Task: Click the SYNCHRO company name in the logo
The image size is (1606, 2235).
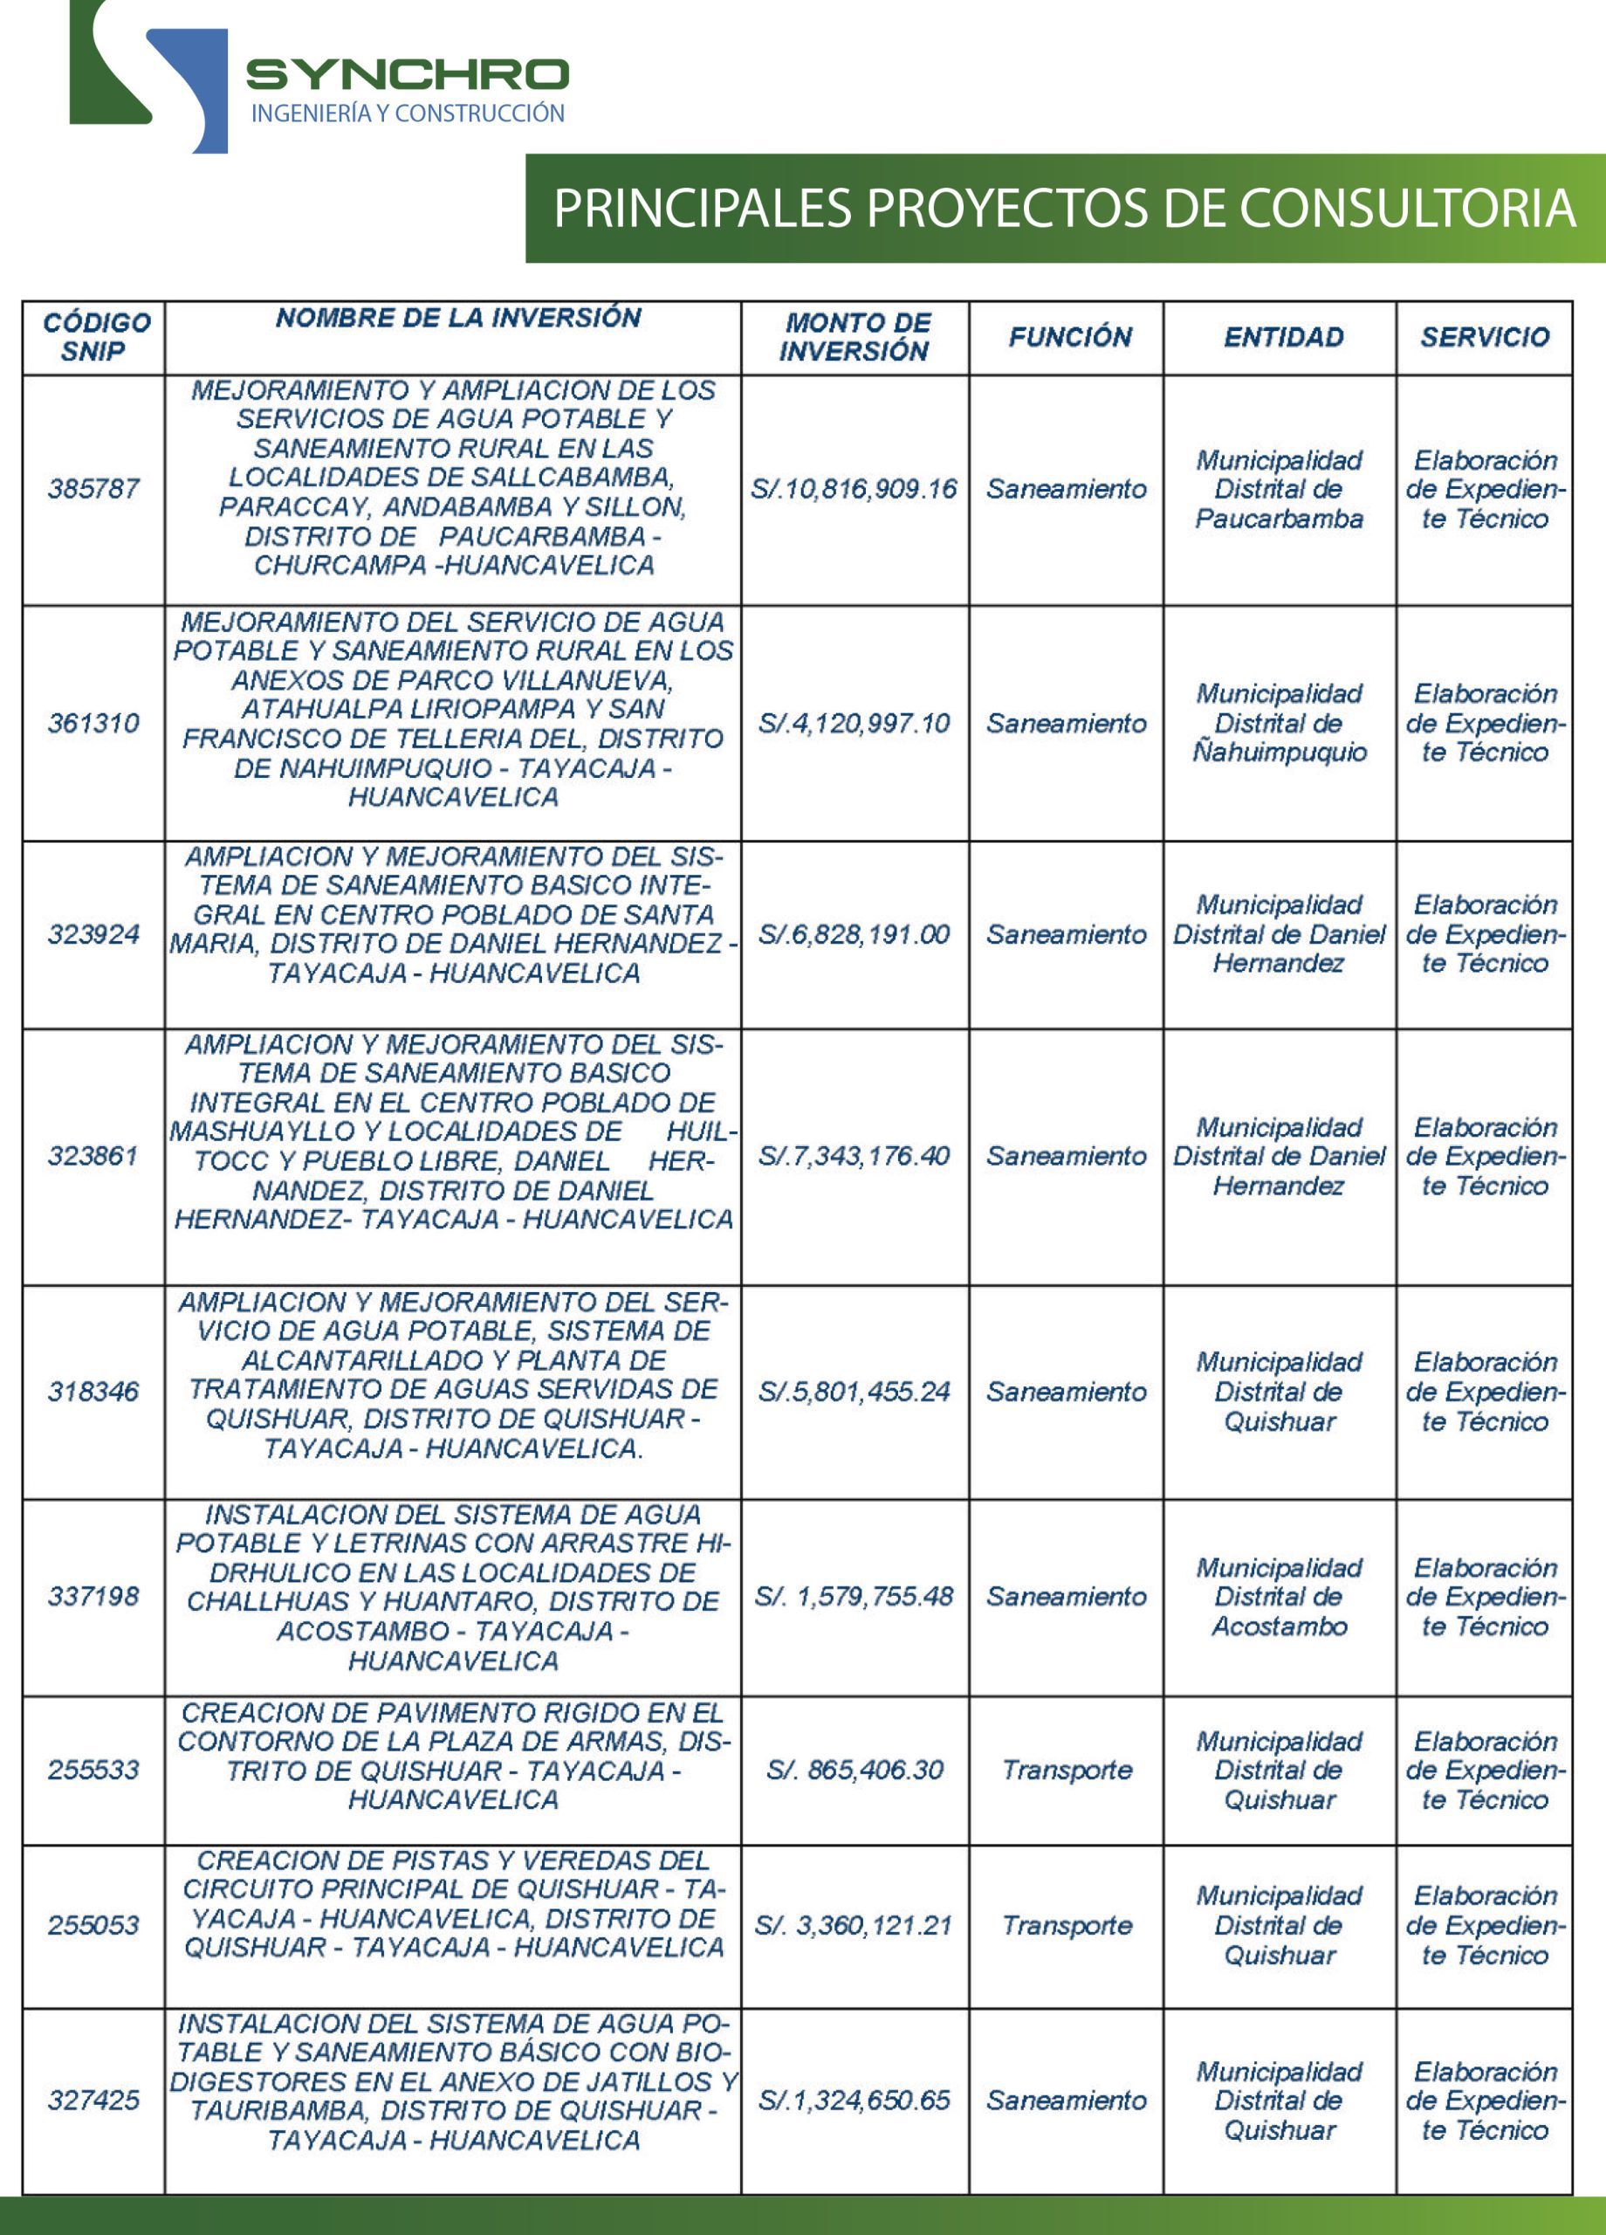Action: (x=407, y=74)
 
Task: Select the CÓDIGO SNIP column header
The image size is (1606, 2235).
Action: (x=95, y=337)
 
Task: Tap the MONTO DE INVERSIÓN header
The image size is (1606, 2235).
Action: (x=855, y=337)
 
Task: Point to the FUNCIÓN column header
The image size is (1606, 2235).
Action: (x=1069, y=337)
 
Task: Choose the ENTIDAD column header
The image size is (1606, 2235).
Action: (x=1283, y=337)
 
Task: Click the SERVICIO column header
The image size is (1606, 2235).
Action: (x=1484, y=337)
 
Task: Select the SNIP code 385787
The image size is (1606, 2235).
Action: (x=93, y=489)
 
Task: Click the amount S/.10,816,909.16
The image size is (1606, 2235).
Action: (x=854, y=489)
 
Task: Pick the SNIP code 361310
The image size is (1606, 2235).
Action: (x=93, y=724)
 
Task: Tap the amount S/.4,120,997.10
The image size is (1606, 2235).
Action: (x=854, y=724)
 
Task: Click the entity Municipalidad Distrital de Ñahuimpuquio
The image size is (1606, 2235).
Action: (x=1279, y=724)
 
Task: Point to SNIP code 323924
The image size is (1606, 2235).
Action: (x=93, y=934)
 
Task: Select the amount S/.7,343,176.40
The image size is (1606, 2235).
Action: (x=854, y=1156)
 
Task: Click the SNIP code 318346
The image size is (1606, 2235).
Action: (x=93, y=1392)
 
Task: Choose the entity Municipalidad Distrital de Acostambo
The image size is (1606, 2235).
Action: (x=1279, y=1597)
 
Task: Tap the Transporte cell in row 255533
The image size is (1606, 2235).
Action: (x=1067, y=1770)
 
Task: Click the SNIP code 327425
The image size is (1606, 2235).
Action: (x=93, y=2100)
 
